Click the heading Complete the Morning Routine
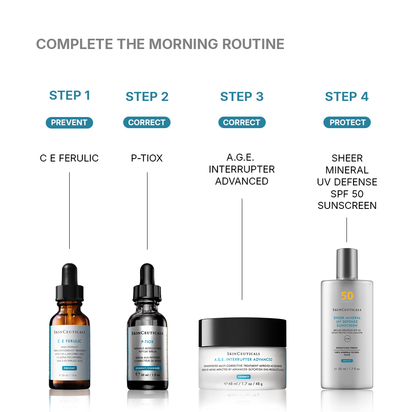(x=160, y=44)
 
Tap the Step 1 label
(x=70, y=96)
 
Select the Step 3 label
(x=242, y=97)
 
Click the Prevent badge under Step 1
(x=69, y=122)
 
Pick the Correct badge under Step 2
(x=147, y=122)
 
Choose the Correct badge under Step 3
(x=242, y=122)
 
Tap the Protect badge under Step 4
(x=347, y=122)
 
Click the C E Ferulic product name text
(x=69, y=158)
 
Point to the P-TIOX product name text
(x=147, y=158)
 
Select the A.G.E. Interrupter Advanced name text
(x=242, y=169)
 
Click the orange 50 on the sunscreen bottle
(x=347, y=296)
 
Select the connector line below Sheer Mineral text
(x=346, y=230)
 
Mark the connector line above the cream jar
(x=242, y=249)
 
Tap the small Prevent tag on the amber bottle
(x=69, y=368)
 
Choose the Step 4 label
(x=347, y=97)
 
